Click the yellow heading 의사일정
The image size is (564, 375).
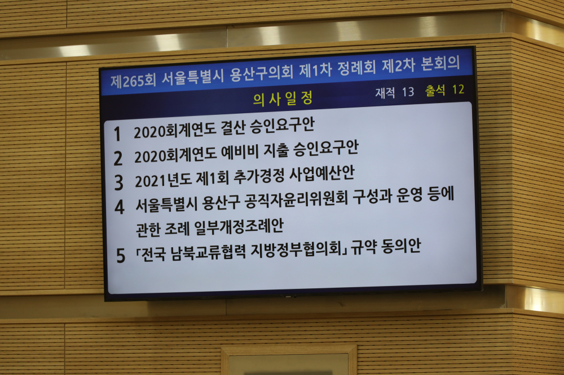[x=283, y=99]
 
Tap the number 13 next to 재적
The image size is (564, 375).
[x=408, y=92]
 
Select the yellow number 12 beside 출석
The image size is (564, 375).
[x=458, y=90]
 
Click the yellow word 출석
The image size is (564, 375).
[x=435, y=90]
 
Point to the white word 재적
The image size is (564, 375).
[x=385, y=93]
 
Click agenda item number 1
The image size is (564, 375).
[x=117, y=134]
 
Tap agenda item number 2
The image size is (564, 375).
[x=118, y=158]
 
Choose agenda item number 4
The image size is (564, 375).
[x=120, y=207]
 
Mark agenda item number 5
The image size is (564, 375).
[x=121, y=256]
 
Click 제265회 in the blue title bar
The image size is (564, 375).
[x=133, y=81]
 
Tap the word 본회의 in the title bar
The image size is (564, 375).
[x=440, y=64]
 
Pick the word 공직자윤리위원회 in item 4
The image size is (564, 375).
[x=296, y=200]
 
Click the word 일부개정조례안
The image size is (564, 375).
[x=239, y=226]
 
